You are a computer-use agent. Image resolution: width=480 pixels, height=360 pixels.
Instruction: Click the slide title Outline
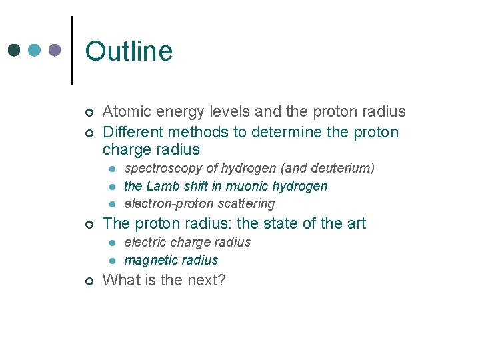click(x=129, y=51)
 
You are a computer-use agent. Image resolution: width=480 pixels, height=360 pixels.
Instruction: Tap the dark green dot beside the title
click(x=15, y=50)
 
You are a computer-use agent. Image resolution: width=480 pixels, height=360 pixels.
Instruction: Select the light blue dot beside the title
click(x=35, y=50)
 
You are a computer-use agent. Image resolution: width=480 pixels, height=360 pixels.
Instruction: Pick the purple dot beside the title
click(x=55, y=50)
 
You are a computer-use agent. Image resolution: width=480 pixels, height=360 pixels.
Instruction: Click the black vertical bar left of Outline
click(x=71, y=50)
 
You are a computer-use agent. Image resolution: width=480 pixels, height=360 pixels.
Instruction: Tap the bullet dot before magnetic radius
click(x=113, y=261)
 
